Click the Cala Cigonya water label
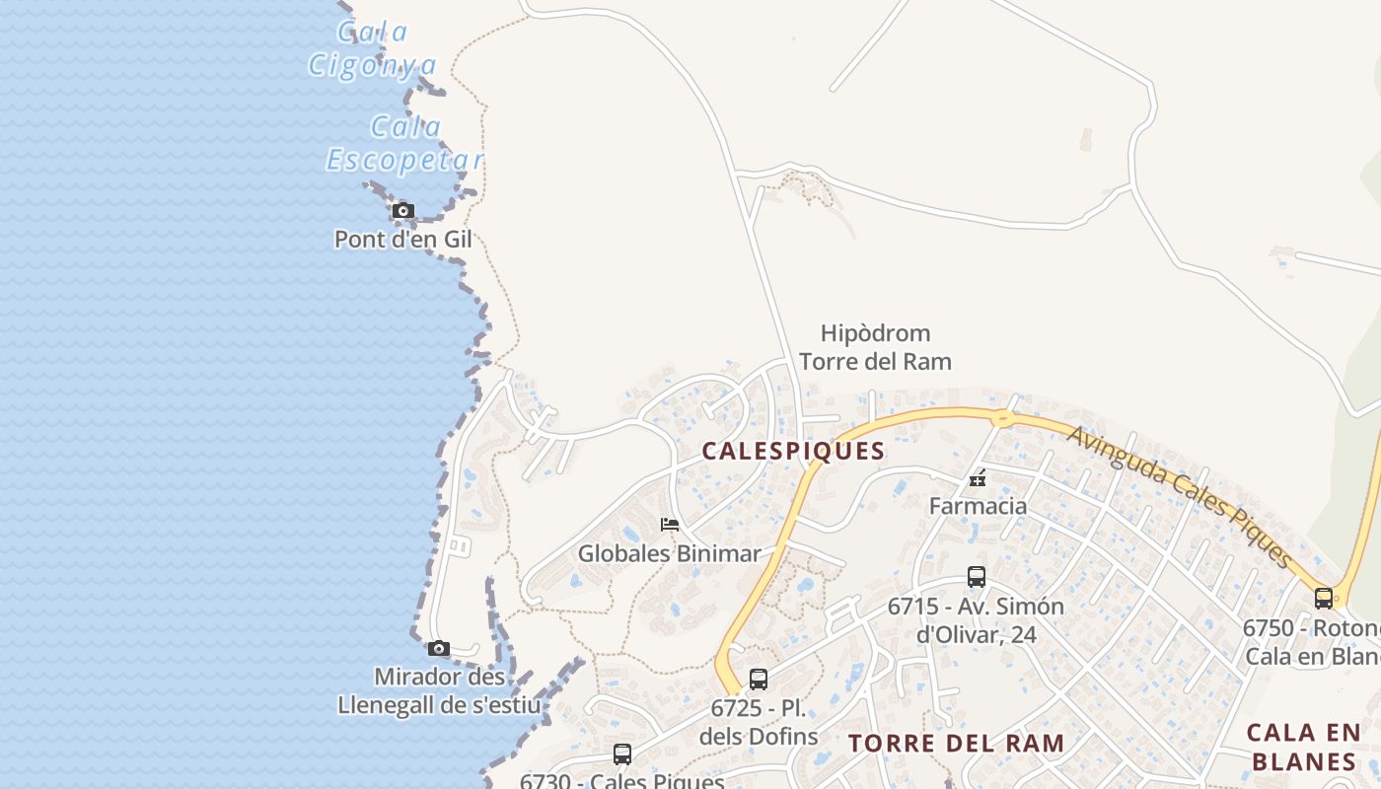click(372, 48)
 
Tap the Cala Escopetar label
click(405, 144)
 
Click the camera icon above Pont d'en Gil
click(402, 210)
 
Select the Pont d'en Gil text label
click(402, 239)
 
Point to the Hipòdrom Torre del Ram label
click(875, 347)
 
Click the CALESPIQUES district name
click(793, 451)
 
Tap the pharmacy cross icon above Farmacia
click(978, 479)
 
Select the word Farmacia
click(978, 506)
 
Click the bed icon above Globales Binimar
click(670, 525)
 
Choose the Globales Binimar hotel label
click(669, 553)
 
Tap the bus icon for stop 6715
click(977, 577)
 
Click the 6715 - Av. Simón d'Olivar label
click(976, 619)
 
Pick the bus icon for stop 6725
click(758, 680)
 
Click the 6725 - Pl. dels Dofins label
click(758, 722)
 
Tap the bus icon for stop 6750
click(1323, 598)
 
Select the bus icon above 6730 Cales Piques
click(621, 754)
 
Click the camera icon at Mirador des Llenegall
click(439, 648)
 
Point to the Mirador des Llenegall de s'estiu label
click(439, 691)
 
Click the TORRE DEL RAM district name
click(956, 743)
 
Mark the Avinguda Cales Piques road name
click(1179, 498)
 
